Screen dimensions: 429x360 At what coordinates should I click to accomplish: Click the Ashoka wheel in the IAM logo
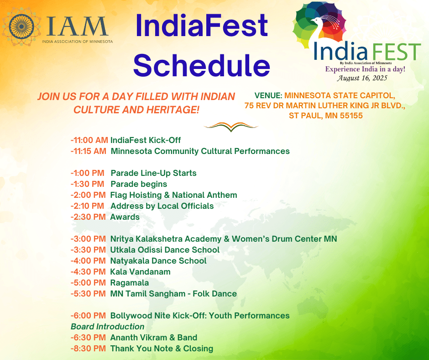[21, 26]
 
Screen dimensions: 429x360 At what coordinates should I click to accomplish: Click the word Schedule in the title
[202, 65]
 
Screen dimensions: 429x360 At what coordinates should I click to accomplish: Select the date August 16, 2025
[362, 78]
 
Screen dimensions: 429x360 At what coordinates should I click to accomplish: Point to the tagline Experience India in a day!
[365, 69]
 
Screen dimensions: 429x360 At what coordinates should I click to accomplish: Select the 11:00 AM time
[89, 140]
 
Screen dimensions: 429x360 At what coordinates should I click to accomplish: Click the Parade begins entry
[139, 184]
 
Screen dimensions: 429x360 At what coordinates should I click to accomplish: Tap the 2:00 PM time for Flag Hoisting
[88, 195]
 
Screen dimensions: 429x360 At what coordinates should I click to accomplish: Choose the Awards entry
[125, 217]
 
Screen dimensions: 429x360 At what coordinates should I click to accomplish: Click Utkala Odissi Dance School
[165, 250]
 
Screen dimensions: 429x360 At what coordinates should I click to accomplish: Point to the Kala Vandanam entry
[141, 272]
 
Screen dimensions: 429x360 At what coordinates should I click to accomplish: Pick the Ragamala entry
[130, 283]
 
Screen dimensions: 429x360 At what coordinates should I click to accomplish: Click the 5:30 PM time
[88, 294]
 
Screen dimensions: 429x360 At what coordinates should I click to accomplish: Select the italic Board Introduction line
[108, 327]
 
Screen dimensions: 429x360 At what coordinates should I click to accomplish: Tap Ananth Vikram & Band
[154, 338]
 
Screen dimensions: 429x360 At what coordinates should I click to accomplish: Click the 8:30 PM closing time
[88, 349]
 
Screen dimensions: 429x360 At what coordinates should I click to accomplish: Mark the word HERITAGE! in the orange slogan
[173, 110]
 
